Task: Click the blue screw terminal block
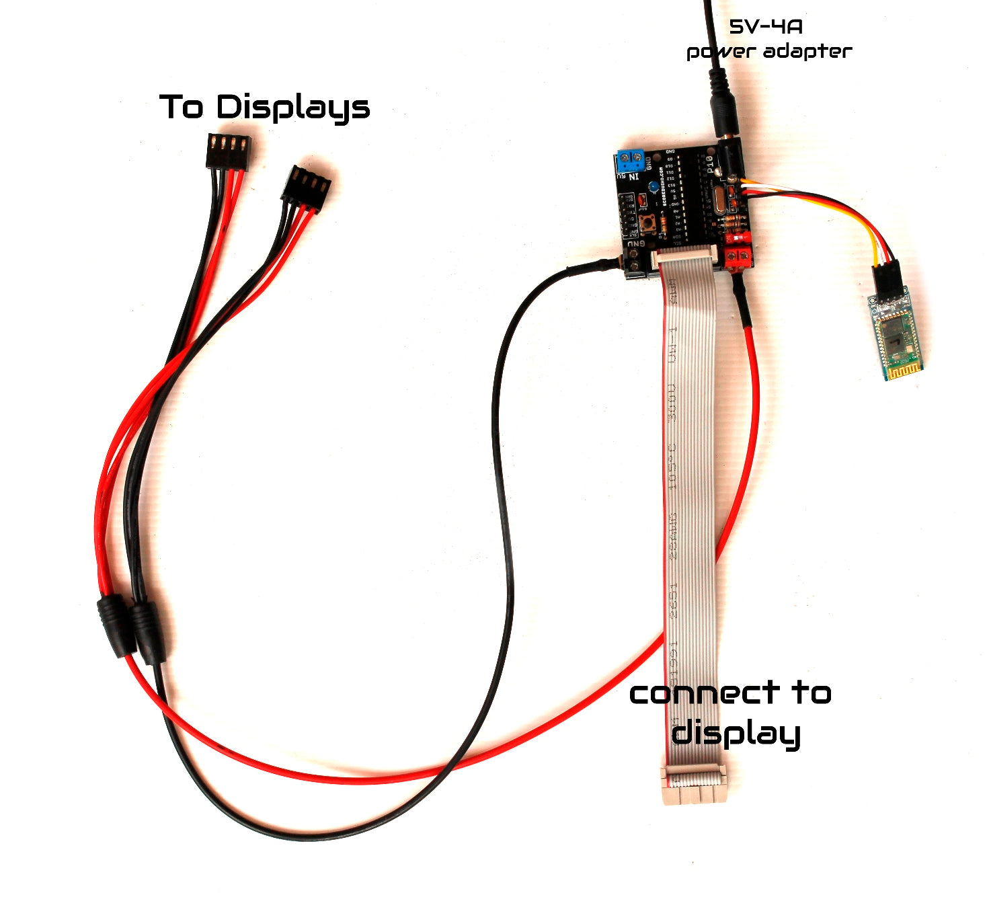tap(630, 160)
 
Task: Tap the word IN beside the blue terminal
tap(633, 177)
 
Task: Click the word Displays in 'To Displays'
tap(293, 108)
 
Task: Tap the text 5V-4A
tap(766, 27)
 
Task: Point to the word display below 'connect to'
tap(736, 732)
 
